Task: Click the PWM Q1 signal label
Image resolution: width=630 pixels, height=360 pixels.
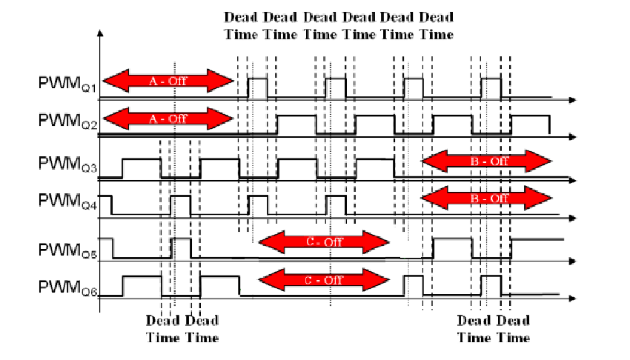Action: pos(66,86)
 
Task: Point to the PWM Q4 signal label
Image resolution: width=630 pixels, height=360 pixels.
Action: pos(66,201)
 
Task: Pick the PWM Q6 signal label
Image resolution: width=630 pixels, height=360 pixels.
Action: pos(66,284)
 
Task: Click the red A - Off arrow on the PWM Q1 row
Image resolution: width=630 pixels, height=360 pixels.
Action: pos(168,80)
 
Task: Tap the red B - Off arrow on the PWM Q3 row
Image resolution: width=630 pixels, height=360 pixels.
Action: pos(486,159)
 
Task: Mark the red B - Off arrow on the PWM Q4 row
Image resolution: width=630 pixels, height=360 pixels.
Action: pos(486,198)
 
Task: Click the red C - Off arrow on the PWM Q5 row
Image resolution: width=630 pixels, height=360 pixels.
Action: pos(323,240)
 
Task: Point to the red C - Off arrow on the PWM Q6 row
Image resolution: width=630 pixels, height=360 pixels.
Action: pos(323,280)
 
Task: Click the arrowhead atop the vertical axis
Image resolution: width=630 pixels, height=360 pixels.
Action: pos(99,33)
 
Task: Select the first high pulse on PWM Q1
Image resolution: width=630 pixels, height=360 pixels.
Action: pos(257,87)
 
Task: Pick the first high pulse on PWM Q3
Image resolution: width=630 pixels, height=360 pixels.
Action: pos(142,168)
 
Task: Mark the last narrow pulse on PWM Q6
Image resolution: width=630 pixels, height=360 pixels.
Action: pos(490,285)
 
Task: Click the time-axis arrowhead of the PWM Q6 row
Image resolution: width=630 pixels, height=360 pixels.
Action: pos(573,298)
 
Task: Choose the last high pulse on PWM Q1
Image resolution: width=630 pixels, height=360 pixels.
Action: pos(490,87)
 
